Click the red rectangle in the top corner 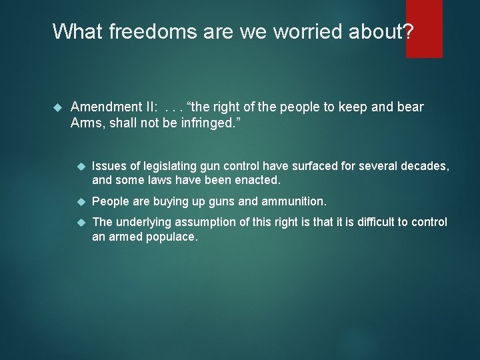click(424, 28)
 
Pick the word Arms click(85, 122)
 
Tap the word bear click(409, 107)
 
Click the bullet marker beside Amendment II click(57, 107)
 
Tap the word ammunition click(293, 201)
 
